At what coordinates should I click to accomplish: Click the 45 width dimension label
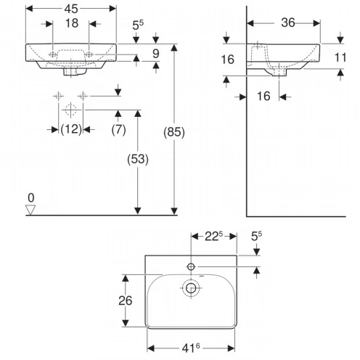coord(71,9)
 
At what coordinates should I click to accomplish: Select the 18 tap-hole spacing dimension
coord(72,23)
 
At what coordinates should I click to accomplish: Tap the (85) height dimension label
coord(174,132)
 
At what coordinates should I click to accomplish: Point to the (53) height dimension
coord(138,159)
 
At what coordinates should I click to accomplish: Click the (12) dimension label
coord(71,129)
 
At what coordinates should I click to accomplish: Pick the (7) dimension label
coord(118,129)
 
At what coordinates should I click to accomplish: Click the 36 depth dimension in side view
coord(288,22)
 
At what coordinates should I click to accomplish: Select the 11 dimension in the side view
coord(340,57)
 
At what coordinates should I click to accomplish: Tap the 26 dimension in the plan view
coord(125,300)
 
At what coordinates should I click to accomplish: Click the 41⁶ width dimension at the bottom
coord(191,348)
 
